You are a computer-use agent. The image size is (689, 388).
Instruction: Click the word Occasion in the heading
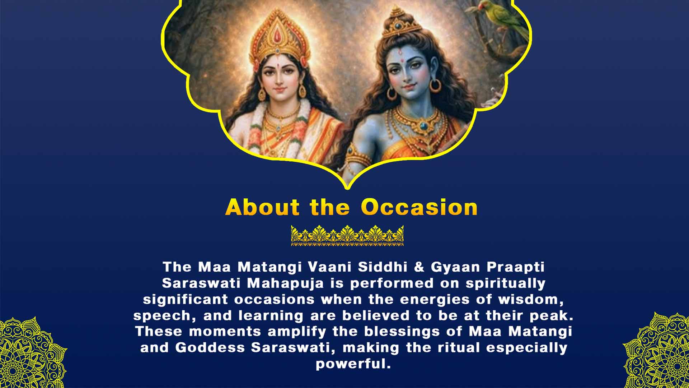coord(419,207)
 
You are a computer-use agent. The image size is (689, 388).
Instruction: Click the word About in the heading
coord(262,207)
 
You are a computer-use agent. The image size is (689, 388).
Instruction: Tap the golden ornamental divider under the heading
coord(347,235)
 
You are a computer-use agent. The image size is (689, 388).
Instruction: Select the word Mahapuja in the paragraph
coord(285,283)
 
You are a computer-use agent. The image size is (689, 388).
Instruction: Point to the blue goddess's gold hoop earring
coord(435,85)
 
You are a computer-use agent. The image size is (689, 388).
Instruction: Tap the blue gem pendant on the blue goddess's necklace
coord(424,126)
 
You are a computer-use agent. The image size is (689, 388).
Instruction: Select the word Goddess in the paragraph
coord(210,348)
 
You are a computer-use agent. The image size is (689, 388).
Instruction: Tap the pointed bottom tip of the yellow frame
coord(347,187)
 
